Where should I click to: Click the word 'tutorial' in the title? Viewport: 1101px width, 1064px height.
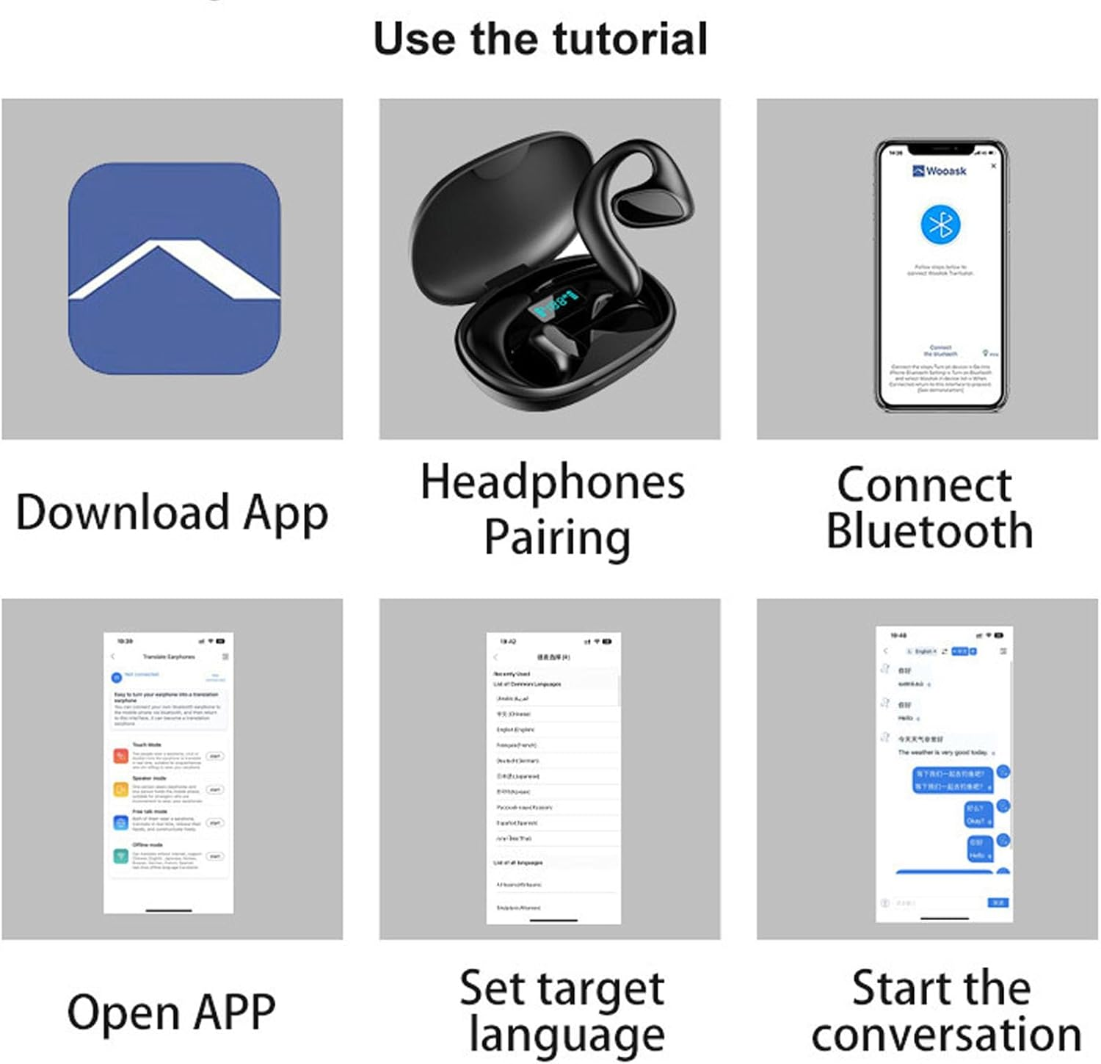coord(630,39)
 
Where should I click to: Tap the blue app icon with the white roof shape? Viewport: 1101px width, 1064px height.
coord(174,269)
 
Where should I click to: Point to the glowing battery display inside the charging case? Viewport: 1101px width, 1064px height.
coord(556,303)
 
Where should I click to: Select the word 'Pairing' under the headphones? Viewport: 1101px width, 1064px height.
coord(557,538)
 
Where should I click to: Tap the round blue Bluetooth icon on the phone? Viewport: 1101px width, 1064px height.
coord(940,225)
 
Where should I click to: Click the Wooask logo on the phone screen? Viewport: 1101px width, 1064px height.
coord(939,171)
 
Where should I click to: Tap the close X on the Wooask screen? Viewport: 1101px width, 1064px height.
coord(994,166)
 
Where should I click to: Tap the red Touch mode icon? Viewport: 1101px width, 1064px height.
coord(120,756)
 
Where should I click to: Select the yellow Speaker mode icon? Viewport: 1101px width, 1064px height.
coord(120,789)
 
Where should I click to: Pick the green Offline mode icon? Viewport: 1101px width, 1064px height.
coord(120,856)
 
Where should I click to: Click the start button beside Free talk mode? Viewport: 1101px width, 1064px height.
coord(215,823)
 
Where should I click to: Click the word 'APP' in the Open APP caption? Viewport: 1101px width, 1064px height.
coord(234,1012)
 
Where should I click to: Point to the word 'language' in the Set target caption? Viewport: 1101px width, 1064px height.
coord(566,1036)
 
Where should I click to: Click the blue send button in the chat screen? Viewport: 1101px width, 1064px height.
coord(998,902)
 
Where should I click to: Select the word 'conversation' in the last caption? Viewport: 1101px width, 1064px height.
coord(946,1035)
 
